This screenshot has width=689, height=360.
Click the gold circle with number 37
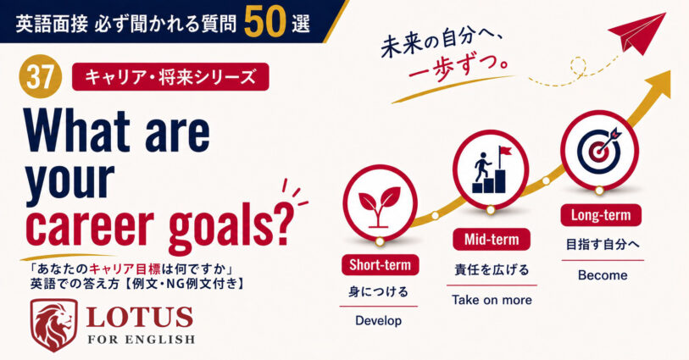[x=41, y=77]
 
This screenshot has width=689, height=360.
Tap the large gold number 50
[x=265, y=21]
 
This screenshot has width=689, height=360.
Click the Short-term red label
[x=380, y=265]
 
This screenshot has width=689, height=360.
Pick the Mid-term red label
[x=492, y=240]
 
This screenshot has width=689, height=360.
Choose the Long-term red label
[x=601, y=215]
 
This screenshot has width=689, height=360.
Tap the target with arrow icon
[x=599, y=149]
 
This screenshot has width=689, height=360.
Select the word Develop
[x=378, y=321]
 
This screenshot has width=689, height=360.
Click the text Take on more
[x=492, y=300]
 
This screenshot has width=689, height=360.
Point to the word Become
[x=603, y=275]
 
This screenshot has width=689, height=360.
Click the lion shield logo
[x=53, y=325]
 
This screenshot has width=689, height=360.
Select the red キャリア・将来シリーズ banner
[x=170, y=77]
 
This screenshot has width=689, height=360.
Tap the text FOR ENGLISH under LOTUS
[x=141, y=340]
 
